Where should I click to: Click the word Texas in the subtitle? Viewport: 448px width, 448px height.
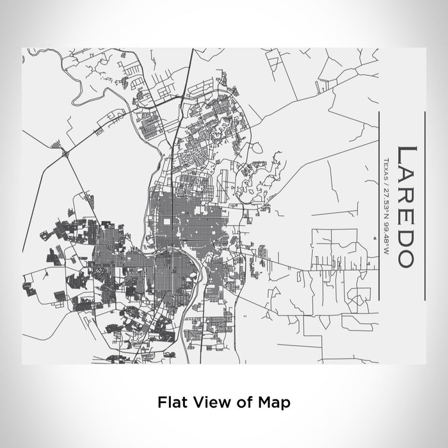387,166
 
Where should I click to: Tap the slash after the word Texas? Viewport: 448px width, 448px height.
387,180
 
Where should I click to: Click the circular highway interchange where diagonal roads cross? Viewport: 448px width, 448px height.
64,152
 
